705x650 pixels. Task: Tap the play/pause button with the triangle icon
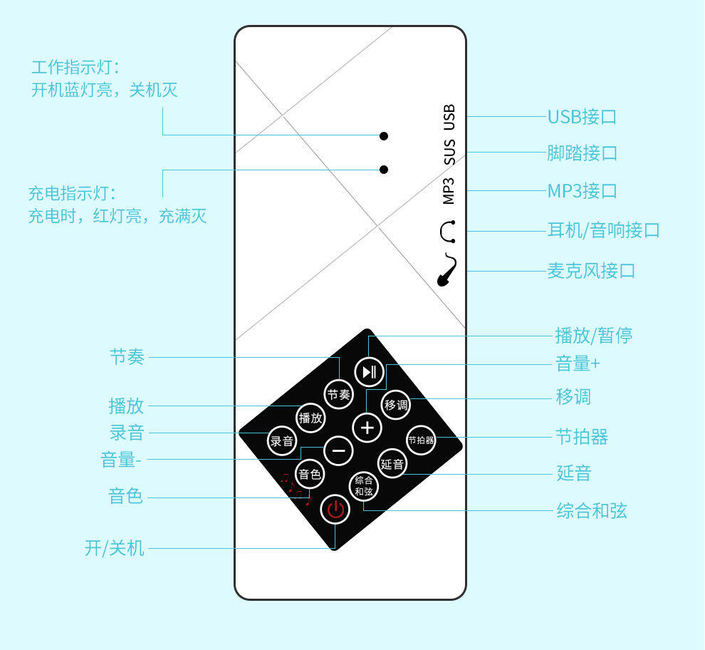(368, 371)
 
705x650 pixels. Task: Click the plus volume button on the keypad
(367, 428)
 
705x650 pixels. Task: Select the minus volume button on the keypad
(338, 450)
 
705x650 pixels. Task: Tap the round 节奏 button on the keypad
(339, 394)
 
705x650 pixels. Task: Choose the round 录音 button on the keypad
(282, 440)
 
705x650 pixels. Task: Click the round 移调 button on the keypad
(396, 405)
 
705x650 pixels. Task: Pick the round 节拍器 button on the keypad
(421, 440)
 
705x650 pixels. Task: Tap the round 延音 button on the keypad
(392, 464)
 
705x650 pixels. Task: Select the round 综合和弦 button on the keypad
(364, 486)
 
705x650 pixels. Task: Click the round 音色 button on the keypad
(310, 473)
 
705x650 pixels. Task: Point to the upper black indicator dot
(384, 135)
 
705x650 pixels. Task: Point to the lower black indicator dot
(384, 170)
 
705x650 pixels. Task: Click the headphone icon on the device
(448, 232)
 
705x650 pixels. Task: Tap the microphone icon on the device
(447, 270)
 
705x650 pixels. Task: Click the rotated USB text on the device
(449, 118)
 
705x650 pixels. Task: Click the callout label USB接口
(581, 117)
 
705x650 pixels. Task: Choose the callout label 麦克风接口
(590, 271)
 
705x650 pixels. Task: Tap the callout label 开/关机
(114, 548)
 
